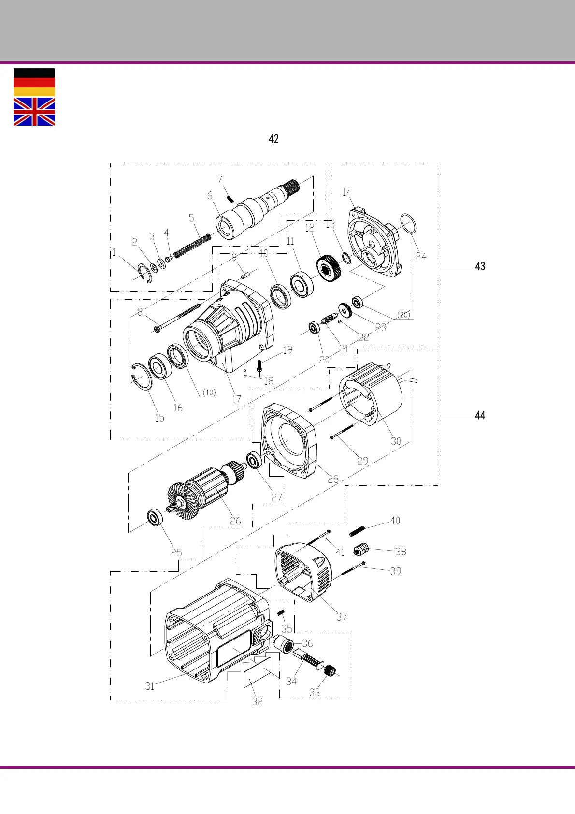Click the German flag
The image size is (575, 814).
[34, 82]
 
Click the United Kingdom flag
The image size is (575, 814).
[34, 112]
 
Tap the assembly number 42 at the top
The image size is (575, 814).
[274, 138]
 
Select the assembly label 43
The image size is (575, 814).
[480, 266]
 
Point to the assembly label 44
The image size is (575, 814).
[480, 415]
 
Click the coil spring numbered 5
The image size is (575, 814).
[192, 246]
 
